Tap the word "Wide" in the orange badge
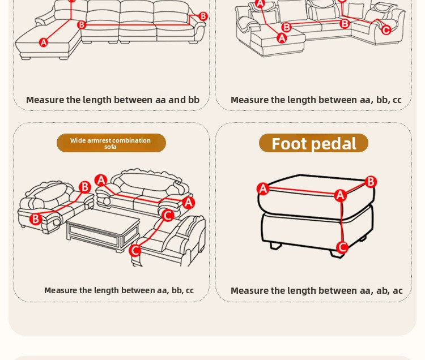tap(78, 140)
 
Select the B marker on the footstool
tap(371, 182)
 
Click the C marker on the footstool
tap(342, 247)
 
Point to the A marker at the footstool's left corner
tap(263, 188)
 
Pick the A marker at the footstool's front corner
tap(340, 195)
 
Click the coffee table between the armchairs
tap(103, 230)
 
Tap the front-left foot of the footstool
tap(275, 246)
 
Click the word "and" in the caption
tap(177, 100)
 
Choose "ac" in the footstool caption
tap(397, 291)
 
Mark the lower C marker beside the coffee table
tap(135, 250)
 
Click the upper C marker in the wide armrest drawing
tap(168, 216)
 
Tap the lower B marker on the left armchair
tap(36, 218)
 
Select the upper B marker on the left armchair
tap(85, 187)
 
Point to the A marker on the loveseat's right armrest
tap(188, 203)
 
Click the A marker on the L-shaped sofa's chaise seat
tap(44, 42)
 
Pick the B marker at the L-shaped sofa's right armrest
tap(203, 16)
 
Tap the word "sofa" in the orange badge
tap(110, 147)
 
